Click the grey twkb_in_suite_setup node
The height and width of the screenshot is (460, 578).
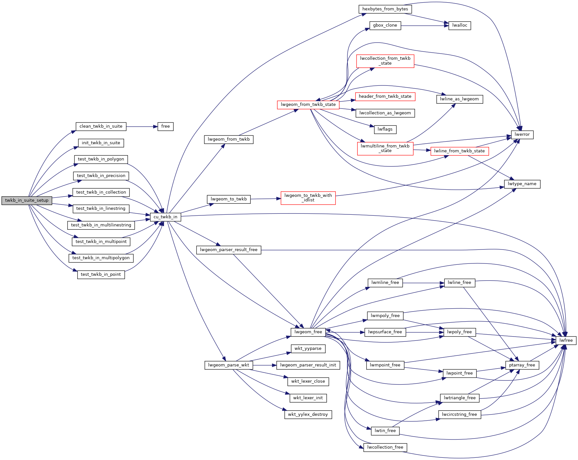[x=27, y=200]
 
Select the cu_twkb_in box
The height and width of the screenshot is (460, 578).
[x=165, y=217]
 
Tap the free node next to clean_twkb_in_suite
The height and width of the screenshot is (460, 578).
[x=165, y=126]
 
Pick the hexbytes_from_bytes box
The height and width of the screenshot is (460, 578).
[x=385, y=9]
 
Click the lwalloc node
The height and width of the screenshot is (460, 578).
[x=459, y=25]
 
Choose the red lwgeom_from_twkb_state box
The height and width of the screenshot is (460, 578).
[x=308, y=105]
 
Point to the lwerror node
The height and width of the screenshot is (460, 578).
[x=522, y=134]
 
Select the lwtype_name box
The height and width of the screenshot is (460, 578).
[x=522, y=184]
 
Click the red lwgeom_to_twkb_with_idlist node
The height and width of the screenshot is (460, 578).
[x=308, y=198]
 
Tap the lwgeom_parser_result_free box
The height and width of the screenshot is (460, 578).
[x=229, y=250]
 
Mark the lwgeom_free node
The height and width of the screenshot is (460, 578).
[x=308, y=332]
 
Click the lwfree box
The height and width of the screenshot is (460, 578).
[x=566, y=340]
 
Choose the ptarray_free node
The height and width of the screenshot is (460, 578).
[x=522, y=365]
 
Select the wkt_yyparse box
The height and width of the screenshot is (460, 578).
[x=308, y=349]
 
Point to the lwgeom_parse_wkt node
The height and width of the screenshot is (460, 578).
[x=229, y=365]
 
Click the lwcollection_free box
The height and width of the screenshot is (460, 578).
[x=385, y=447]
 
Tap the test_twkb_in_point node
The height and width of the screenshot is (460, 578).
[x=101, y=275]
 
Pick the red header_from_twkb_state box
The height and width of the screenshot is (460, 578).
[x=385, y=96]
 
